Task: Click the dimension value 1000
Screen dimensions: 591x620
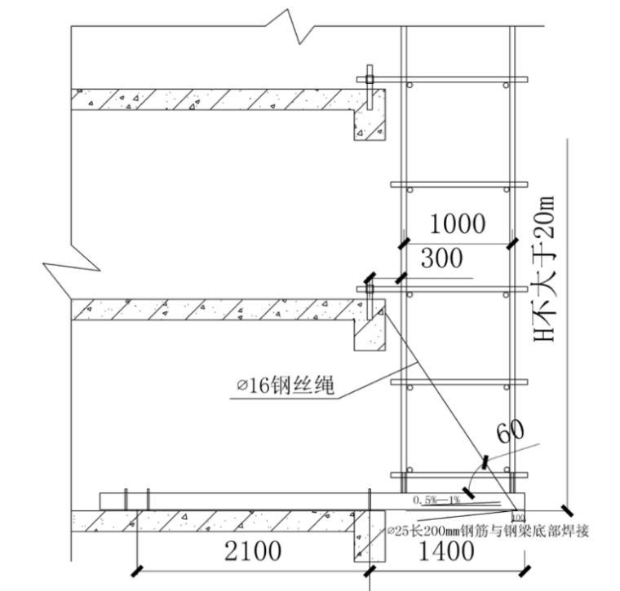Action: coord(457,223)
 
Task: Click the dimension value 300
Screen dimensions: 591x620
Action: coord(441,259)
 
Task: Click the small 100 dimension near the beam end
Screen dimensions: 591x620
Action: coord(516,517)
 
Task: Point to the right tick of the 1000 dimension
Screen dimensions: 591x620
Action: coord(511,243)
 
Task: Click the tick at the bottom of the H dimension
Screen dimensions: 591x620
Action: coord(566,509)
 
